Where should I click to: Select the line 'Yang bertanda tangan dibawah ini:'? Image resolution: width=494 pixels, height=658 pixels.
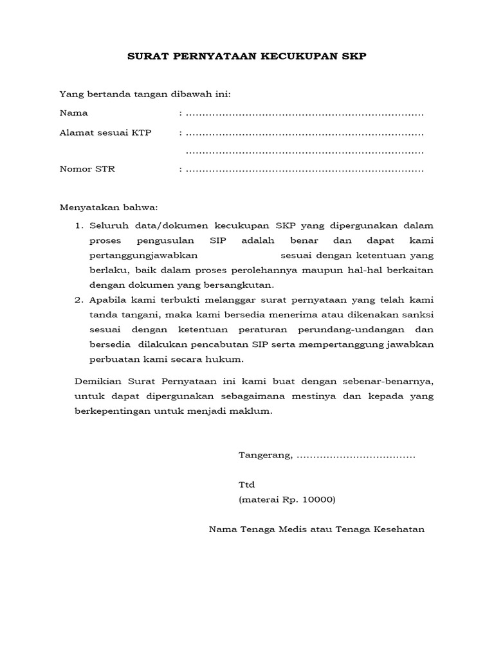pyautogui.click(x=145, y=94)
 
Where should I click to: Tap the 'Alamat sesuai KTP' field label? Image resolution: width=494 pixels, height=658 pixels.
pyautogui.click(x=105, y=133)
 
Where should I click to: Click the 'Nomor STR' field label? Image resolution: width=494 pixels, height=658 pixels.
pyautogui.click(x=87, y=170)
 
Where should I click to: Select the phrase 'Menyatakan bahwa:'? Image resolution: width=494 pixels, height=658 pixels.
pyautogui.click(x=108, y=208)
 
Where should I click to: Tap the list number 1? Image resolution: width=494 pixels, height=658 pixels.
pyautogui.click(x=79, y=226)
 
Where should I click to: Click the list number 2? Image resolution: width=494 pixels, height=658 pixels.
pyautogui.click(x=79, y=299)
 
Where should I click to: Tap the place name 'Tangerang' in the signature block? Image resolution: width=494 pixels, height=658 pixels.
pyautogui.click(x=264, y=456)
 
